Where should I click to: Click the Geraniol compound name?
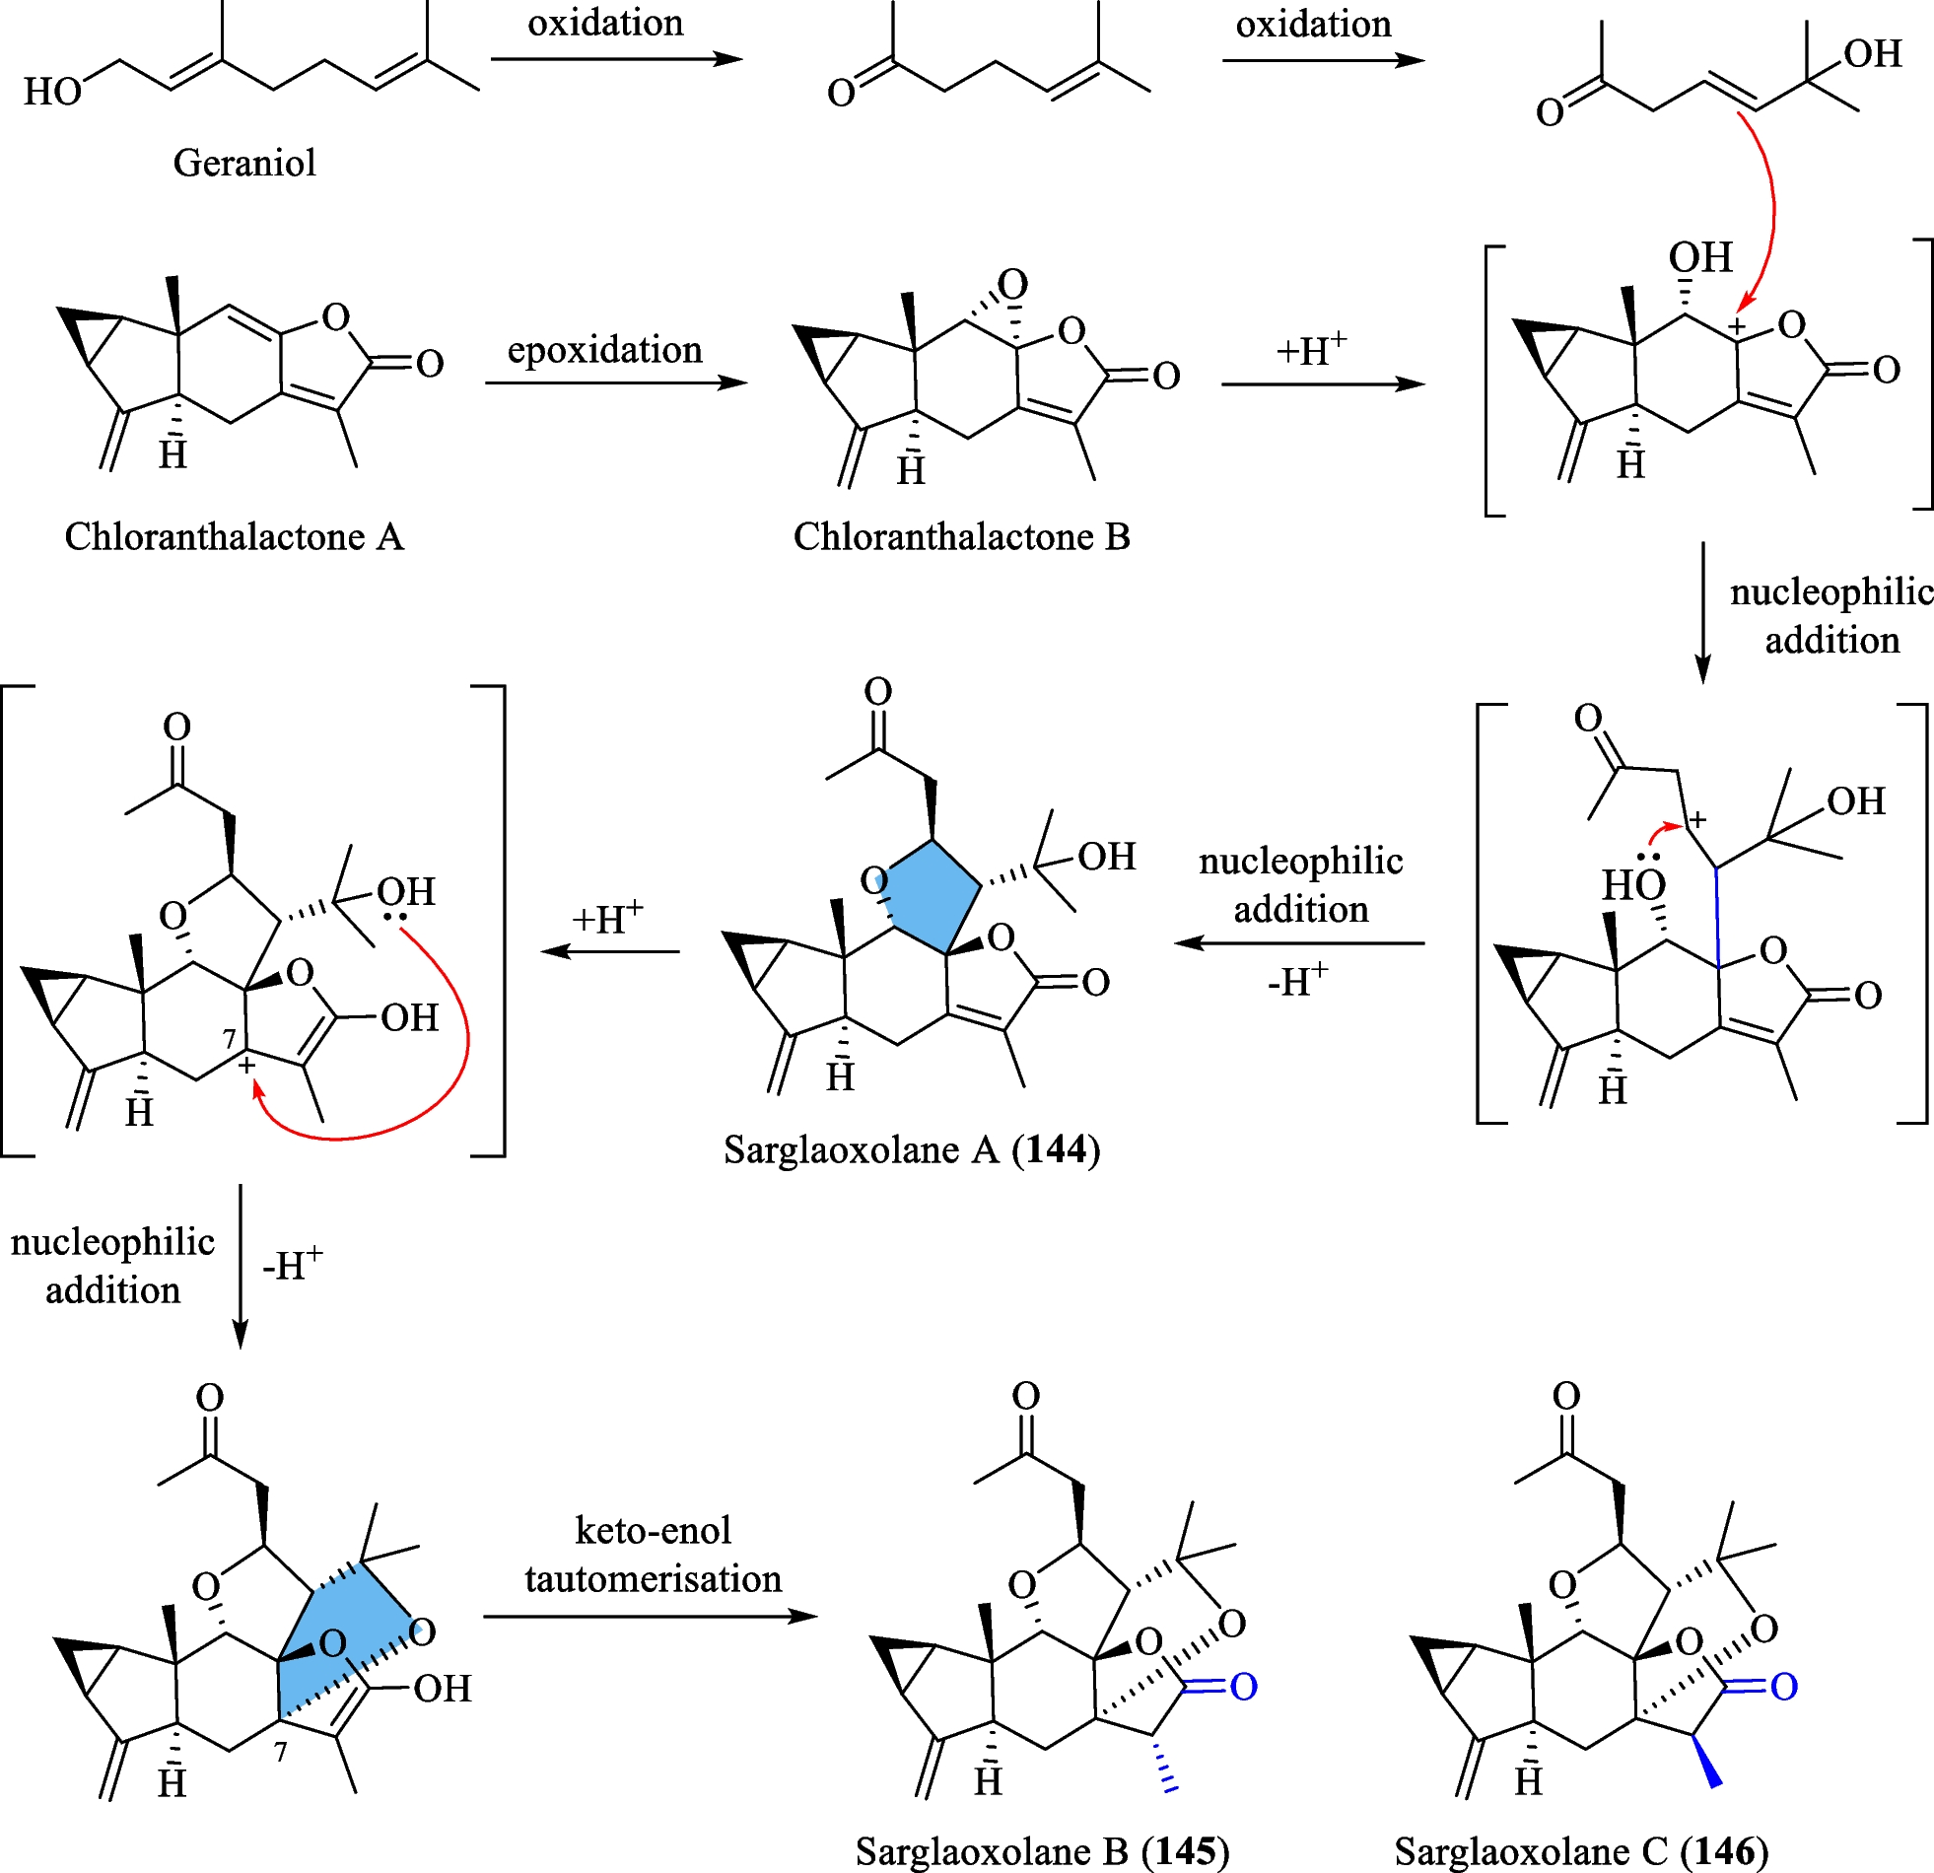pyautogui.click(x=244, y=163)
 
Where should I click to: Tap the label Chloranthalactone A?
pyautogui.click(x=235, y=537)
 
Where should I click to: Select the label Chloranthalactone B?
pyautogui.click(x=961, y=537)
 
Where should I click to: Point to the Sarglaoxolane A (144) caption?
pyautogui.click(x=911, y=1149)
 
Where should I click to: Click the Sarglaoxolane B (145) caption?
pyautogui.click(x=1042, y=1851)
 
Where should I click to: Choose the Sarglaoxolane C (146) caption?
pyautogui.click(x=1581, y=1851)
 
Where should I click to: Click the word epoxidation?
pyautogui.click(x=604, y=349)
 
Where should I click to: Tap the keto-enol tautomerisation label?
pyautogui.click(x=653, y=1555)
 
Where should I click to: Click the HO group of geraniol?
pyautogui.click(x=51, y=92)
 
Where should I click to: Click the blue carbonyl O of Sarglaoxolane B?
pyautogui.click(x=1243, y=1687)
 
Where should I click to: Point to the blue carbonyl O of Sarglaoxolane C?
pyautogui.click(x=1783, y=1687)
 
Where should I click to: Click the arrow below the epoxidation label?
pyautogui.click(x=616, y=382)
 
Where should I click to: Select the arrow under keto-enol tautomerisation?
pyautogui.click(x=651, y=1617)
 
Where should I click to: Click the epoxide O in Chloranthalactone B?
pyautogui.click(x=1012, y=285)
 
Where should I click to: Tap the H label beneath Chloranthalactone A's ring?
pyautogui.click(x=173, y=454)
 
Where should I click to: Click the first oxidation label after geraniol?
pyautogui.click(x=605, y=23)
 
